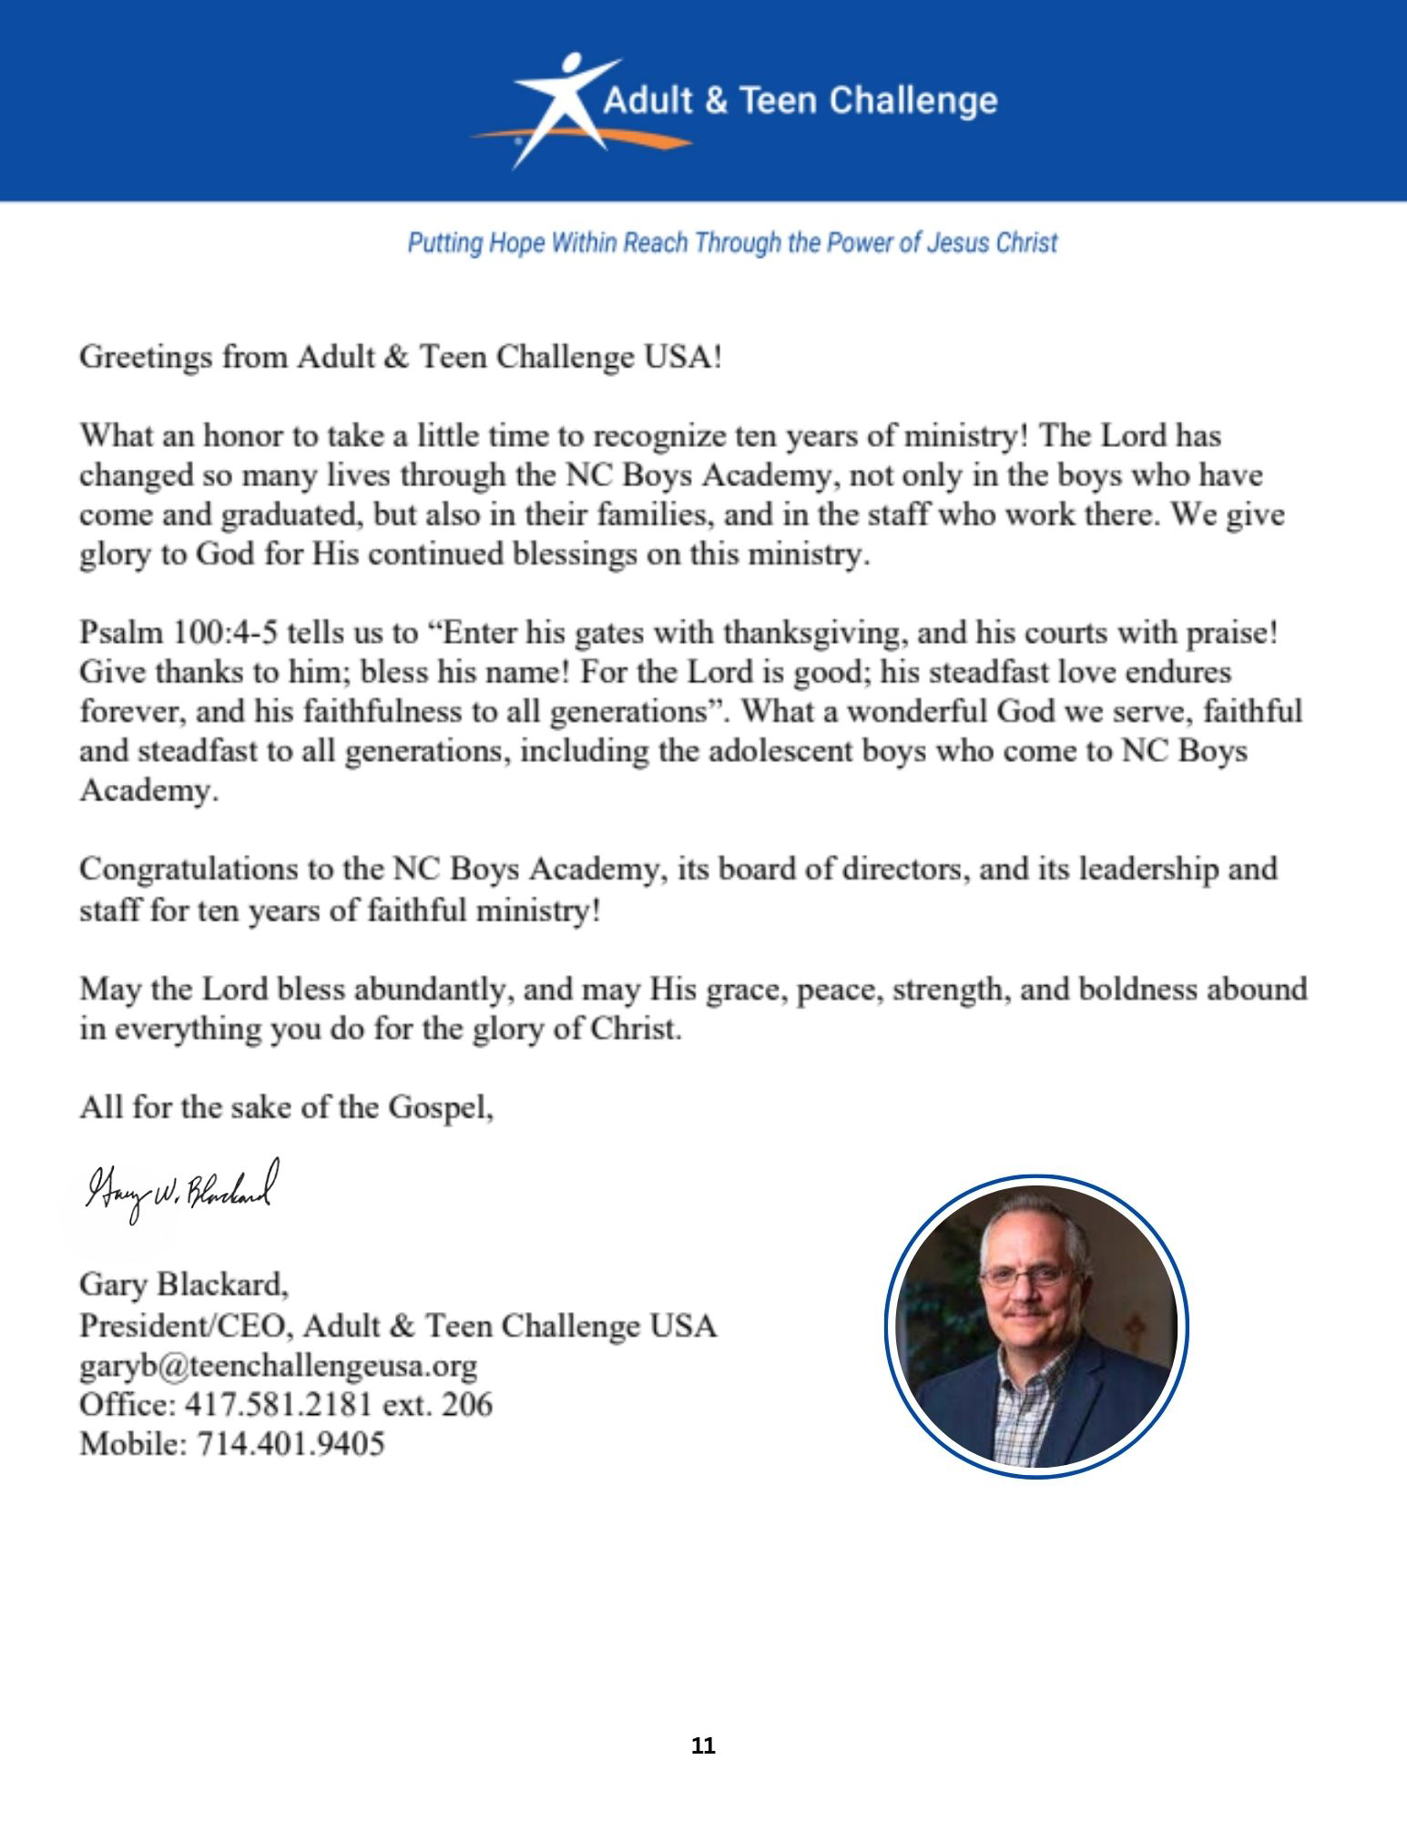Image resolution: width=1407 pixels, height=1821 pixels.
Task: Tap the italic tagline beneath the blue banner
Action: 732,243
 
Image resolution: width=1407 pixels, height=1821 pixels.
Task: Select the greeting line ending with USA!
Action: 401,356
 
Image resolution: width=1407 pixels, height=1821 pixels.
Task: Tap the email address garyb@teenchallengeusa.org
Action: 278,1365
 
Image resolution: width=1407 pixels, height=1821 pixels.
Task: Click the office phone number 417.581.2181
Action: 279,1405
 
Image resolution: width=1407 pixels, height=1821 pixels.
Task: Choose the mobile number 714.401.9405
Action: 291,1444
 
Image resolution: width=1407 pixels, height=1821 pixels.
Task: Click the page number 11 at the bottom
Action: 703,1746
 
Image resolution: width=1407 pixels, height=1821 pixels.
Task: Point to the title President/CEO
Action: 185,1325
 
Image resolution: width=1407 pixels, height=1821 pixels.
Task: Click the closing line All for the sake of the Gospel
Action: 286,1107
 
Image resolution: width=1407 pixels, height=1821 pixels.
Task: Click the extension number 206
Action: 466,1405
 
